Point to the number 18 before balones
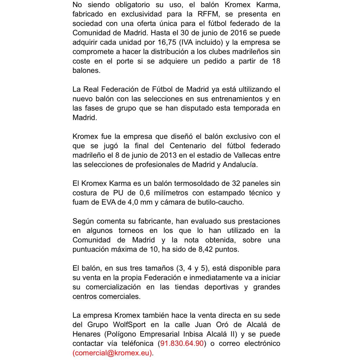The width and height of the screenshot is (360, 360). [276, 61]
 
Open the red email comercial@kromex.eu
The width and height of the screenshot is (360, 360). [112, 353]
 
